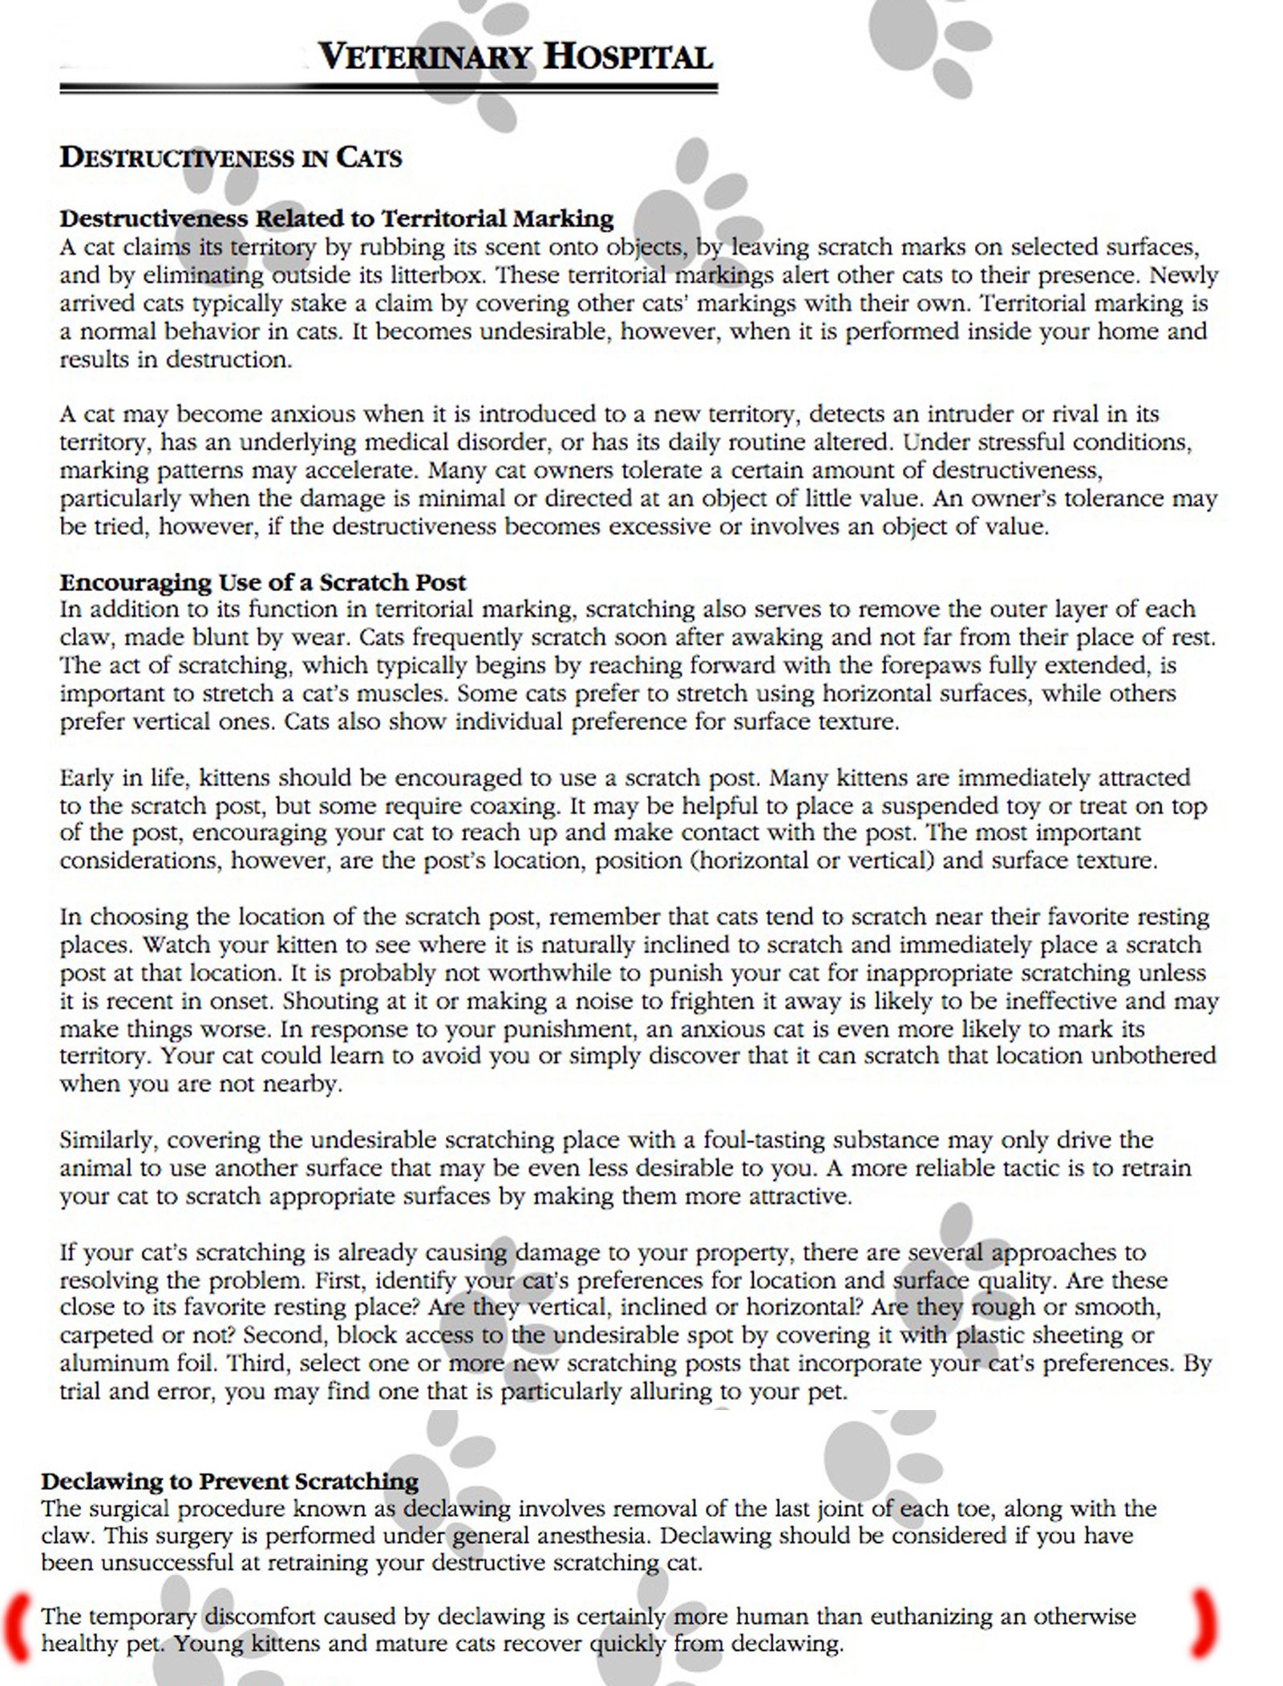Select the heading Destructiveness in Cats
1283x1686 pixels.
coord(231,157)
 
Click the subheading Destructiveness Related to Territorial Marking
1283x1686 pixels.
coord(337,218)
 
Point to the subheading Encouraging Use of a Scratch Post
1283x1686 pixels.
coord(263,582)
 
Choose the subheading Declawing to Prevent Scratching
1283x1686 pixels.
coord(230,1481)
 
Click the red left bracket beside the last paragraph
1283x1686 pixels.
coord(17,1624)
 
